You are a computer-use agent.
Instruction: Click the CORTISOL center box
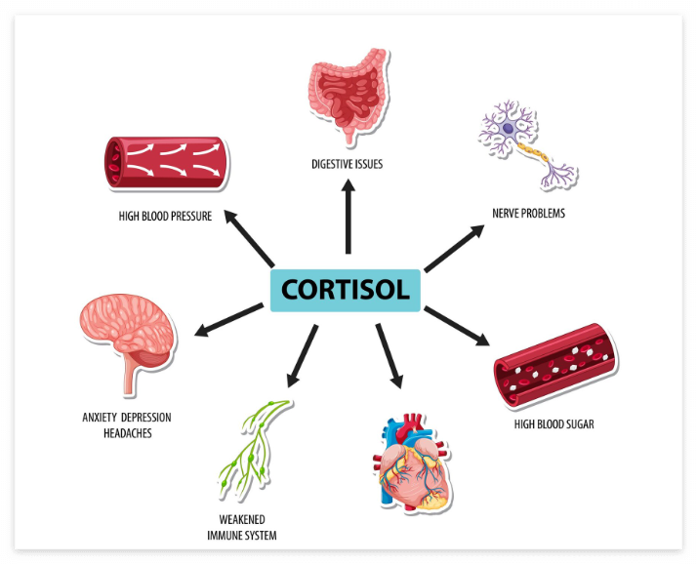coord(346,290)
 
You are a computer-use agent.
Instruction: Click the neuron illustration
coord(527,142)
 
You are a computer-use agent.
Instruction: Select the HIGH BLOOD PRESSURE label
coord(164,217)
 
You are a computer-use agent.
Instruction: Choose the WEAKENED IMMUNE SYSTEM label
coord(241,527)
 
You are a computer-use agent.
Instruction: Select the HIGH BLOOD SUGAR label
coord(553,424)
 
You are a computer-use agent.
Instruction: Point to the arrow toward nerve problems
coord(454,247)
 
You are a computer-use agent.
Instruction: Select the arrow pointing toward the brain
coord(229,320)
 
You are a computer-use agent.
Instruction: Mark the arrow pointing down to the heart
coord(388,355)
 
